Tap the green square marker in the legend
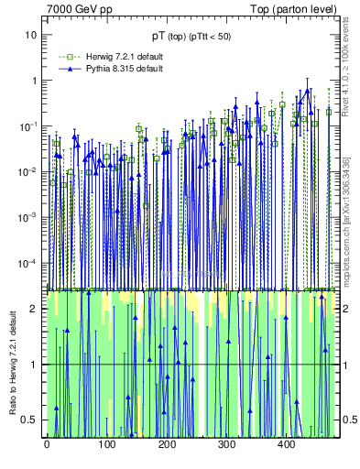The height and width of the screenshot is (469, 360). tap(65, 57)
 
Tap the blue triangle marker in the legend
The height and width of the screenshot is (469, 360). tap(65, 69)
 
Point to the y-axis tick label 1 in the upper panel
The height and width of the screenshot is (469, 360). tap(35, 81)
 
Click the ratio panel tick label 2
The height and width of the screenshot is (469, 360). tap(35, 309)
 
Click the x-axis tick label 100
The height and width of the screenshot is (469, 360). tap(106, 446)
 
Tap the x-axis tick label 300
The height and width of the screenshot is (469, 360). tap(226, 446)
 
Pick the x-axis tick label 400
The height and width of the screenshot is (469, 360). tap(286, 446)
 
